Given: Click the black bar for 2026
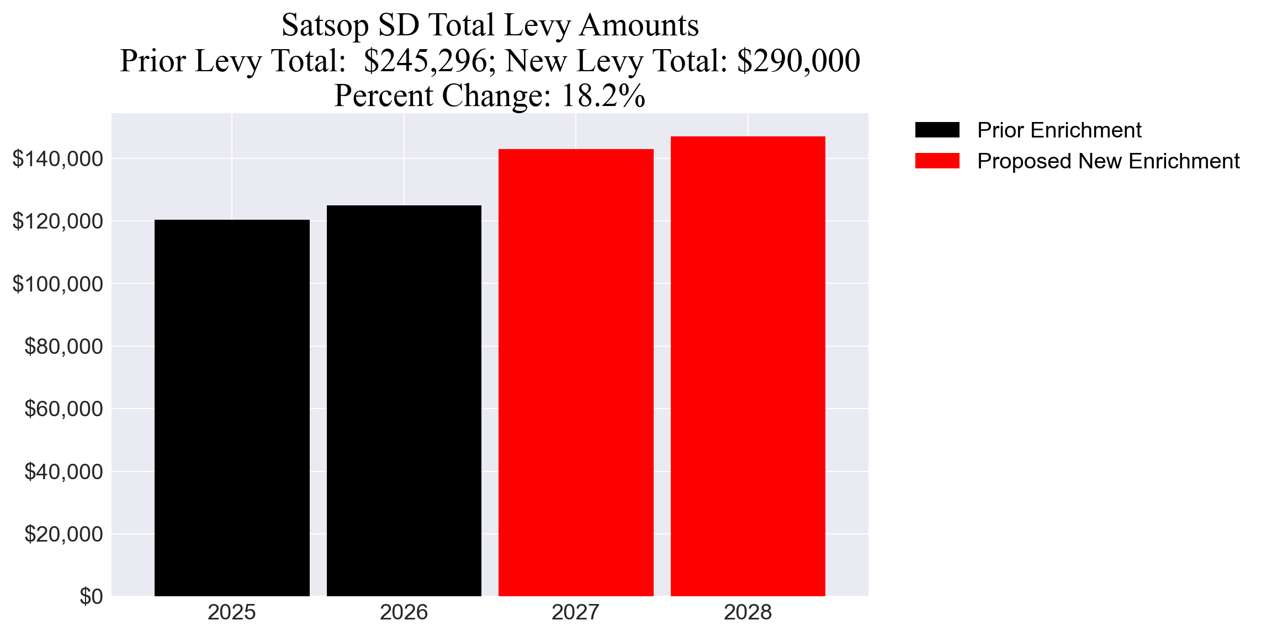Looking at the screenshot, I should (404, 400).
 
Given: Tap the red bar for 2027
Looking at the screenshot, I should (576, 372).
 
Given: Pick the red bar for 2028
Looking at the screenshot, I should (748, 365).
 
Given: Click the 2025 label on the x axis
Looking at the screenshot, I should (232, 612).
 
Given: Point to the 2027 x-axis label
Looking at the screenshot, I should (576, 612).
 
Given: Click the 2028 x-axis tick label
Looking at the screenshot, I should (748, 612).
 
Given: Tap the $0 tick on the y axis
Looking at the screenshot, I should (91, 596).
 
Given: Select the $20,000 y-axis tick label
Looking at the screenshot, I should (63, 534).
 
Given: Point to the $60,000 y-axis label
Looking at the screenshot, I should (63, 409).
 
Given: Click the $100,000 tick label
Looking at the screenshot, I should (57, 284).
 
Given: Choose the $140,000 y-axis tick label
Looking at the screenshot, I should (57, 158).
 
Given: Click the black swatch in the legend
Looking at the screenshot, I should (937, 130).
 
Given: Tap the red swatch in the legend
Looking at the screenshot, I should (937, 161).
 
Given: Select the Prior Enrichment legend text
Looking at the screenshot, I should (1059, 130).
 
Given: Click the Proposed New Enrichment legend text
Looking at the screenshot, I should (1108, 161).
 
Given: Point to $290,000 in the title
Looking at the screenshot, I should (798, 61).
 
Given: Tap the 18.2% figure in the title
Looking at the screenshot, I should (603, 96).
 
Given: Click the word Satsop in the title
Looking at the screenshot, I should (325, 25).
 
